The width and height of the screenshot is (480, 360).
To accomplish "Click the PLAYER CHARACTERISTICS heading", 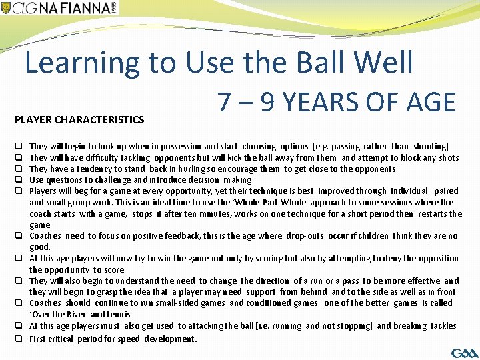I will [80, 120].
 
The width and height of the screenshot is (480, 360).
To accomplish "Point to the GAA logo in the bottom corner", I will [464, 352].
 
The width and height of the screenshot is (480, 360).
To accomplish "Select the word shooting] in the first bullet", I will [431, 146].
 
